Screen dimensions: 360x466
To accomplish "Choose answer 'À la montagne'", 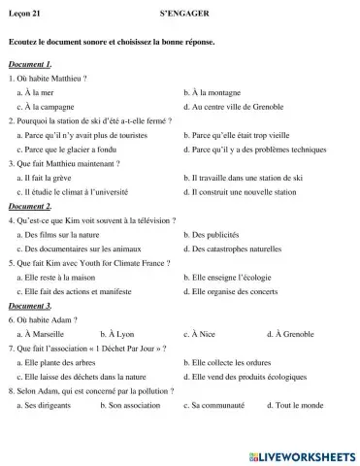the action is tap(213, 91).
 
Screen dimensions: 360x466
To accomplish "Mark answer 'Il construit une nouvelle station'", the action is tap(243, 192).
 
